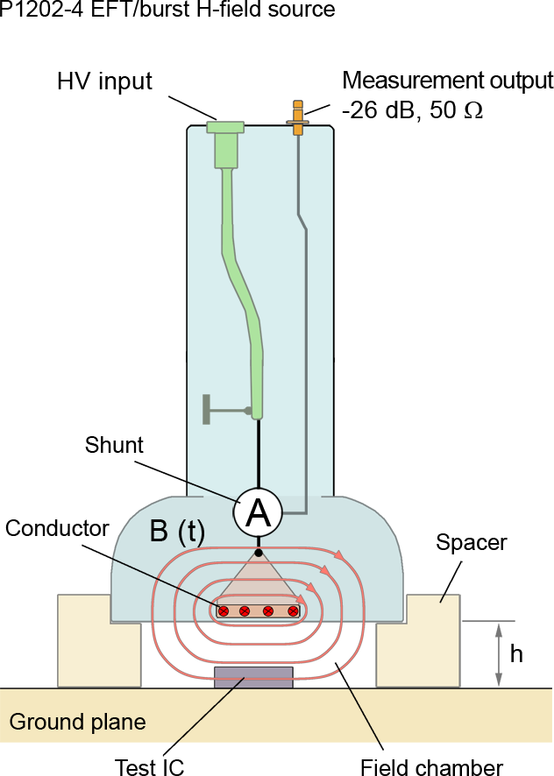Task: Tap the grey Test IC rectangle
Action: [x=254, y=677]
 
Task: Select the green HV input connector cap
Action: [x=225, y=128]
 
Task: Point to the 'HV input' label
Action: [x=104, y=82]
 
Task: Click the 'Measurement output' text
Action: [x=447, y=81]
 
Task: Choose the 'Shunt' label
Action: [x=114, y=445]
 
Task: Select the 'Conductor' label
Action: [x=56, y=528]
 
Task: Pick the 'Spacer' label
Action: [x=471, y=543]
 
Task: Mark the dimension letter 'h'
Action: [x=516, y=653]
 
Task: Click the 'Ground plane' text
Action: [x=77, y=723]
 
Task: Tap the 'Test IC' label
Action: [x=149, y=767]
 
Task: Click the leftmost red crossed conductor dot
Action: [x=224, y=610]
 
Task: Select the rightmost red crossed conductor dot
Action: [x=293, y=610]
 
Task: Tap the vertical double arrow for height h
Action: [x=498, y=654]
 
